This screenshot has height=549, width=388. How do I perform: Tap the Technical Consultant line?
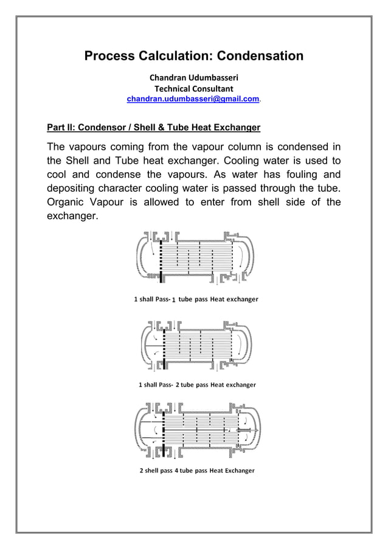point(194,89)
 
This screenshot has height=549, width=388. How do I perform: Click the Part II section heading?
point(154,128)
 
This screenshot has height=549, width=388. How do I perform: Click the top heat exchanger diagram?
point(194,257)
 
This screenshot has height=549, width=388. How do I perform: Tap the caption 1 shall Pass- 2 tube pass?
point(197,385)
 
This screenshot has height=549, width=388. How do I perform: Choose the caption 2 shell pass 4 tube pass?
point(197,470)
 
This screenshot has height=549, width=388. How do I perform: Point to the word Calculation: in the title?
point(180,57)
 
